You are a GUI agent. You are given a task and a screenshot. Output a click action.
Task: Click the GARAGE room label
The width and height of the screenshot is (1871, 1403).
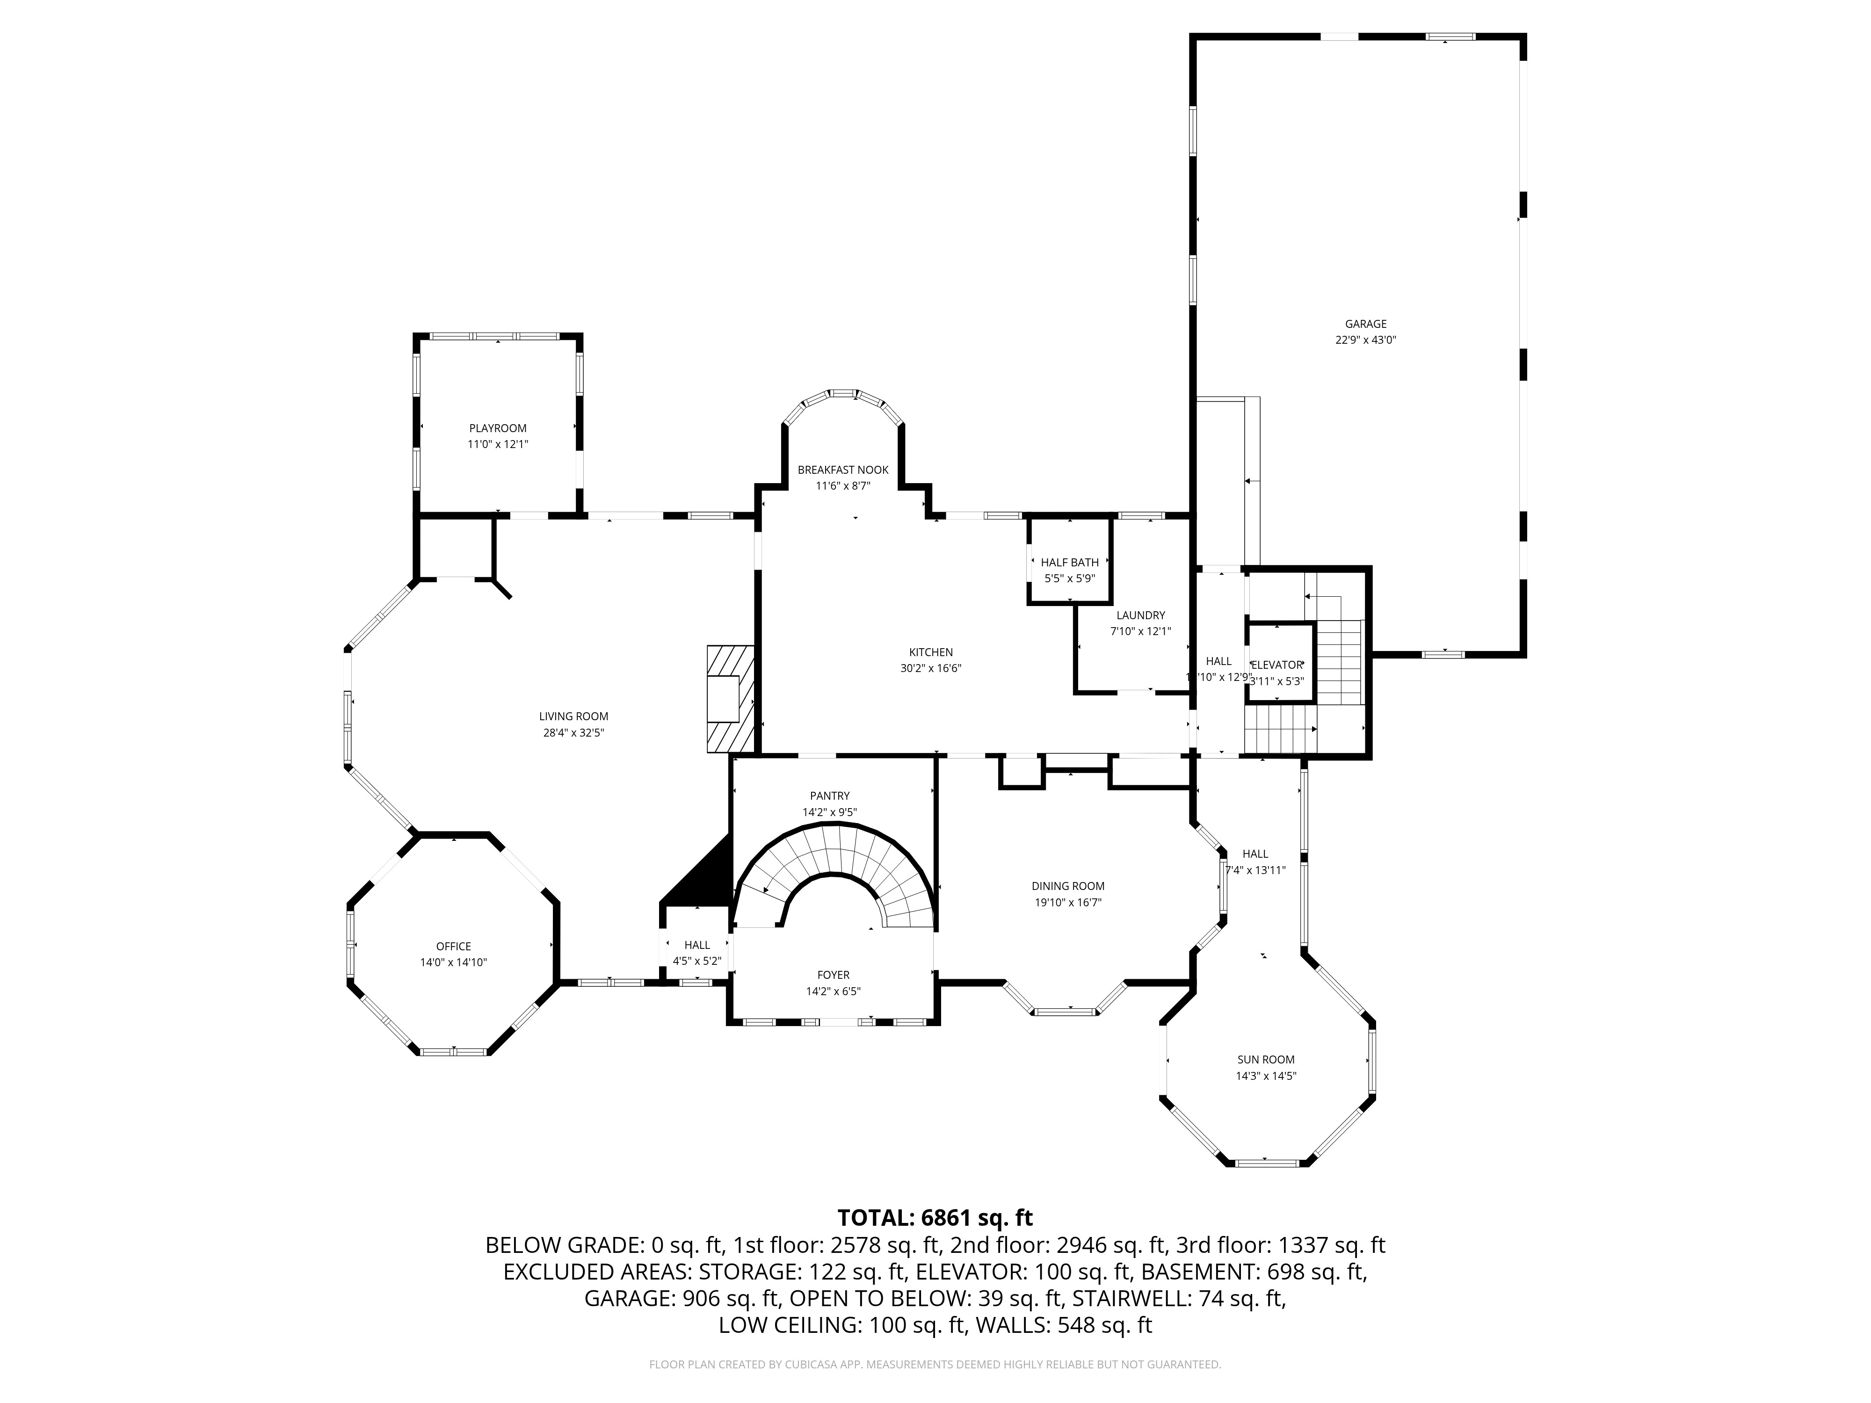1365,324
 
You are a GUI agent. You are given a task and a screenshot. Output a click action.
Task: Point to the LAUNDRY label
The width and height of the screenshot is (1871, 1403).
1140,615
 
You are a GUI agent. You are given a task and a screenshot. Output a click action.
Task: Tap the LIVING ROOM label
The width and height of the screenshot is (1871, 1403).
573,716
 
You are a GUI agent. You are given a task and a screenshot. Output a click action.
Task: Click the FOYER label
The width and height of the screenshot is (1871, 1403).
833,975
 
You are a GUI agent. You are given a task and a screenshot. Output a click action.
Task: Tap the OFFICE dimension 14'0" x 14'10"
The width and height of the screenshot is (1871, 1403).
453,962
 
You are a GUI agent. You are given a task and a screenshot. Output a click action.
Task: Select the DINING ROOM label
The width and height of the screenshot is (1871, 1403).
1067,886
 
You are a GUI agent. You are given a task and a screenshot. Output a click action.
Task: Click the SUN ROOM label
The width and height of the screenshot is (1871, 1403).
1265,1060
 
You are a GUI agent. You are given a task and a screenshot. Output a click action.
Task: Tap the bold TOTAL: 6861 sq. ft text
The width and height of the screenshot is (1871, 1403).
935,1218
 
